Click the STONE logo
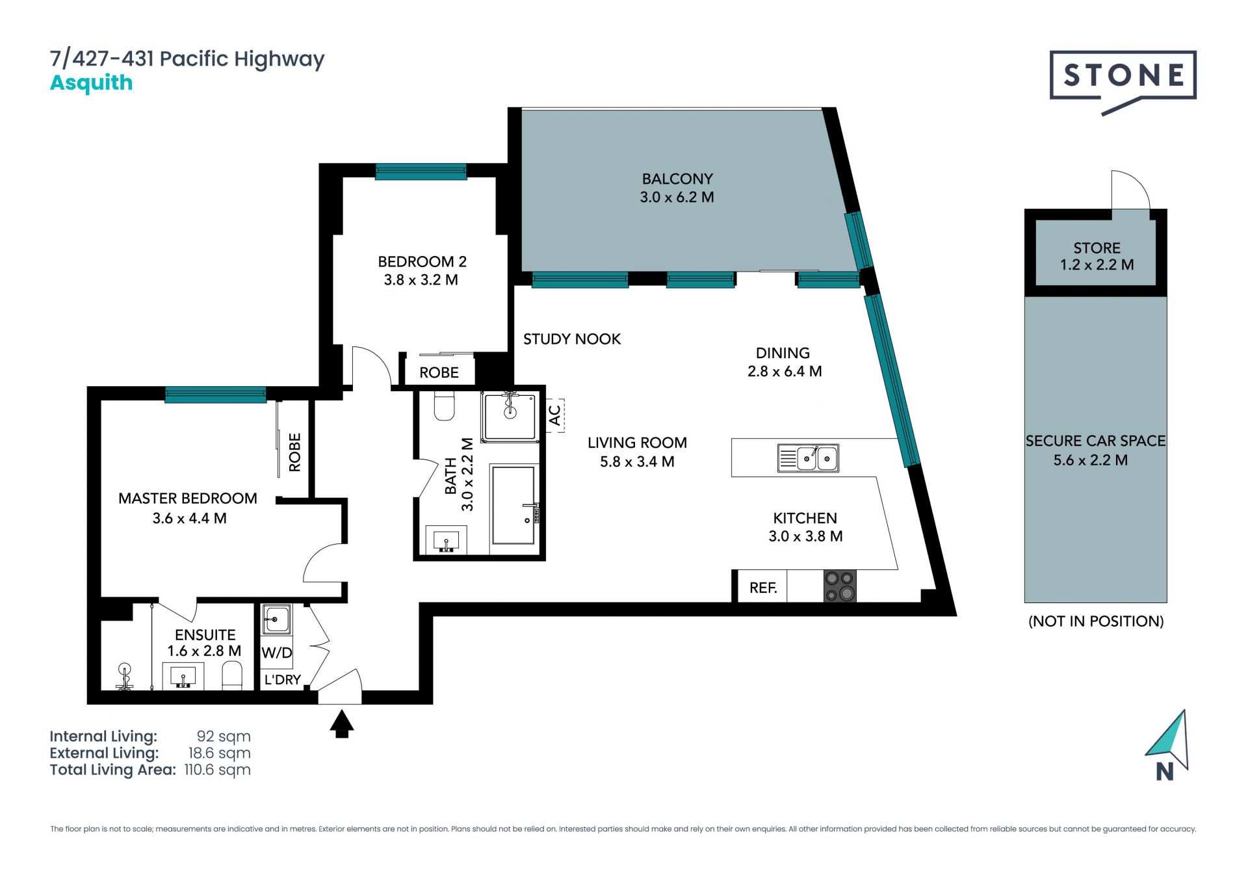[1123, 78]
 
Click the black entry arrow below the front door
[341, 723]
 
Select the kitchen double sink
[808, 458]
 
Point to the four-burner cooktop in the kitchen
[840, 586]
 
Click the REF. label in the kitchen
[763, 588]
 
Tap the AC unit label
[555, 415]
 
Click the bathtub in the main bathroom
[514, 505]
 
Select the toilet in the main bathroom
[445, 406]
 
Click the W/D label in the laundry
[277, 653]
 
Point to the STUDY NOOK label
[572, 339]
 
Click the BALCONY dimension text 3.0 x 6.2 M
[677, 197]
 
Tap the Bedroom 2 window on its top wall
[421, 172]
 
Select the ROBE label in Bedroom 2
[439, 372]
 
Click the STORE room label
[1097, 248]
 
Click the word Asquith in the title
[92, 83]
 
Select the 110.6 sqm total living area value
[217, 770]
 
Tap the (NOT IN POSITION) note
[1096, 621]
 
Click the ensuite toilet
[232, 676]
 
